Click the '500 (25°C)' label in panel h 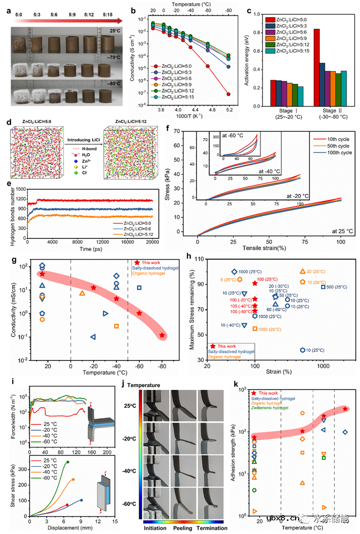[x=334, y=287]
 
